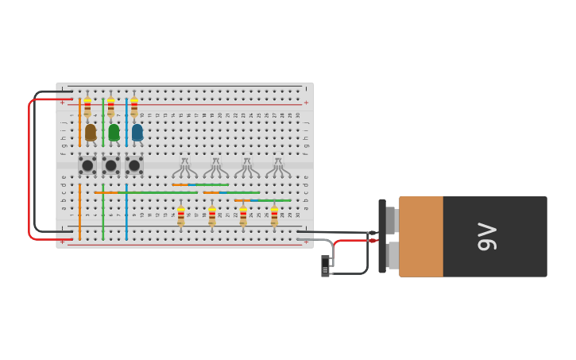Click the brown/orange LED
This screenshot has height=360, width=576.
[x=91, y=133]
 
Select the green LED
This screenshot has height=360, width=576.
[x=114, y=133]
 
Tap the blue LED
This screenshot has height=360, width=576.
[x=137, y=133]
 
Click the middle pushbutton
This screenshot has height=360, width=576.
[x=110, y=165]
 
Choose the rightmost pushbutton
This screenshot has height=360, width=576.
[x=134, y=165]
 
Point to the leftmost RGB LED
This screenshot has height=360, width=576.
[x=184, y=168]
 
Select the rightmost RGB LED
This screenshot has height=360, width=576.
[x=277, y=168]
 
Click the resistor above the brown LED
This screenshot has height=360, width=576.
[x=87, y=107]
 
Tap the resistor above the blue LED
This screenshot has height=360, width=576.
[x=134, y=107]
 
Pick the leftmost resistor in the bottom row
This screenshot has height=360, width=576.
[x=181, y=216]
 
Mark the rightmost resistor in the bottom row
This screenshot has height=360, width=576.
[x=274, y=216]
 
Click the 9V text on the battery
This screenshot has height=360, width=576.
[x=486, y=237]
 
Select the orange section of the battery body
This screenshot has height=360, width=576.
[x=421, y=237]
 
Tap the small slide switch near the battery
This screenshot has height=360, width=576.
[x=325, y=266]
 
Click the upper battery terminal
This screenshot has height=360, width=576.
[x=391, y=219]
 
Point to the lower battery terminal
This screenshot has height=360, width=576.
[x=392, y=255]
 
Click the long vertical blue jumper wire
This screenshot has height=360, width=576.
[x=126, y=213]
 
